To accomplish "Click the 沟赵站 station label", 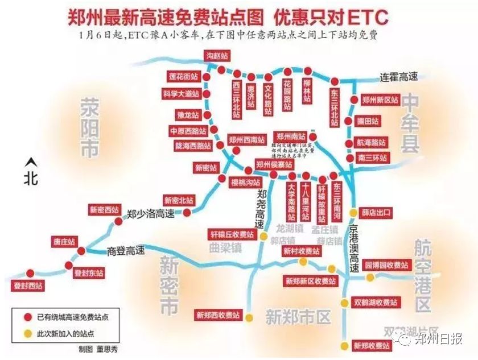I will (218, 56).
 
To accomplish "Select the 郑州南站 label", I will (291, 136).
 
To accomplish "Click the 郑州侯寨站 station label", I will (274, 164).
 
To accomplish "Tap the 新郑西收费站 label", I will (218, 315).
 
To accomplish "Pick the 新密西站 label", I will (106, 209).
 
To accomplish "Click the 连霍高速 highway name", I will (399, 77).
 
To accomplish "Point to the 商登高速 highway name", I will (126, 251).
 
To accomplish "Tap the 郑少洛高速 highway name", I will (150, 214).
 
